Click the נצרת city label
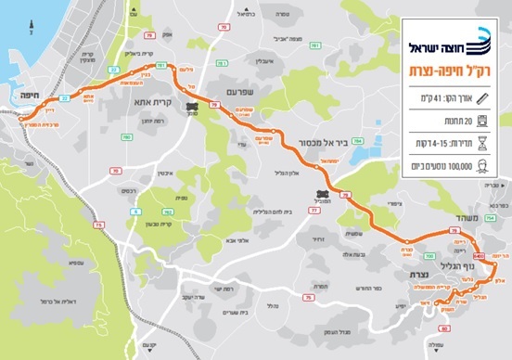pos(411,276)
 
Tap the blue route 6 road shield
pos(135,212)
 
